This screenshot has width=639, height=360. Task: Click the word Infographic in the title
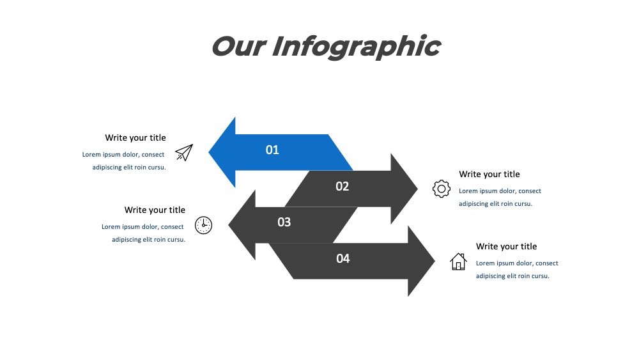point(356,47)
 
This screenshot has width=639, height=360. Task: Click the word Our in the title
point(239,47)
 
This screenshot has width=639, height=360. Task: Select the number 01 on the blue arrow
point(272,150)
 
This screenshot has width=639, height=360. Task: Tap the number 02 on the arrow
point(343,186)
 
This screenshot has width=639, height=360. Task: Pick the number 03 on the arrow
point(284,222)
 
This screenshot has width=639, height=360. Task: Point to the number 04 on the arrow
point(343,258)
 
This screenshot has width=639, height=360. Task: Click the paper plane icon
point(184,152)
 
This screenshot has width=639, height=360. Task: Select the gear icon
point(442,189)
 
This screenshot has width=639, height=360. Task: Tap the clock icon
point(203,225)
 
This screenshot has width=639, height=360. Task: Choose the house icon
point(458,262)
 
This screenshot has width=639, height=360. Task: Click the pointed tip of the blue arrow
point(209,152)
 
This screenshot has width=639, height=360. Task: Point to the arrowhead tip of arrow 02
point(418,189)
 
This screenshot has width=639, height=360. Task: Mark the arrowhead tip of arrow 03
point(228,224)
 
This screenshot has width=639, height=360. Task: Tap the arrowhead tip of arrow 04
point(435,261)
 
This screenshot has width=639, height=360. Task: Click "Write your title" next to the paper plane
point(135,138)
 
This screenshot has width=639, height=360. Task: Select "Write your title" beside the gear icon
point(489,174)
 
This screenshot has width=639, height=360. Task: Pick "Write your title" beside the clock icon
point(155,210)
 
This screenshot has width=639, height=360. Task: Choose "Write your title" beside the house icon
point(507,246)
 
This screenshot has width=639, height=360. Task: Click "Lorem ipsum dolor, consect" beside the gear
point(500,191)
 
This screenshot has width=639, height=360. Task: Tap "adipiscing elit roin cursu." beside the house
point(512,276)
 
